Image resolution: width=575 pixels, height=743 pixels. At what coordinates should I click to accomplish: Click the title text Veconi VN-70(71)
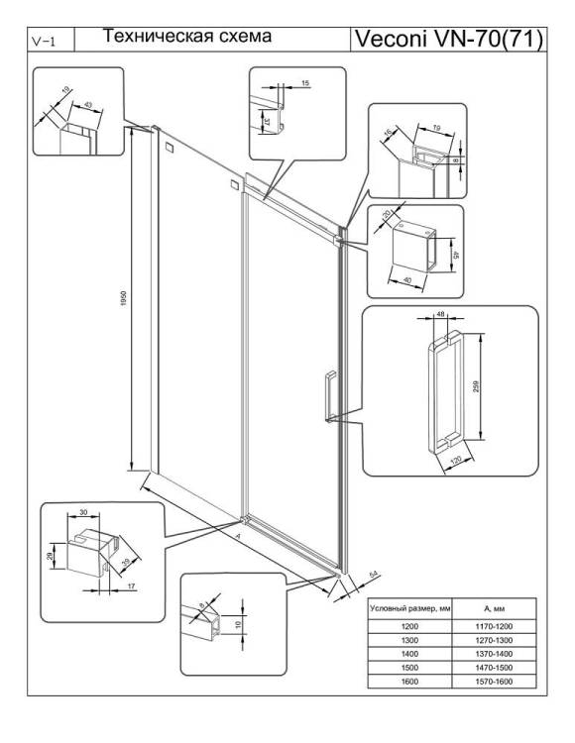click(448, 39)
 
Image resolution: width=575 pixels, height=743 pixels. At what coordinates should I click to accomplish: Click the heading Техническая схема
click(187, 36)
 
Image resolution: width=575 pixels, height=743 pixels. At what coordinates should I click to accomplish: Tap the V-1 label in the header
click(44, 42)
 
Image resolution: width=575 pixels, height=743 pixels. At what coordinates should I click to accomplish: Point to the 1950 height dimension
click(124, 298)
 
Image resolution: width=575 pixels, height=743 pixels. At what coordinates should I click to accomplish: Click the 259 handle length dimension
click(477, 386)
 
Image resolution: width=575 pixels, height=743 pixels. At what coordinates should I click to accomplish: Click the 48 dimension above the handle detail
click(440, 314)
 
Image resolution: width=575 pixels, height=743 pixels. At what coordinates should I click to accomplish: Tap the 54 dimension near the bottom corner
click(374, 575)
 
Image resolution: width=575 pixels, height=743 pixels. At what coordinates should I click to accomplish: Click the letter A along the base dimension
click(239, 536)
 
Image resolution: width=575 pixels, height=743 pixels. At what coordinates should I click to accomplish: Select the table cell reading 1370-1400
click(494, 654)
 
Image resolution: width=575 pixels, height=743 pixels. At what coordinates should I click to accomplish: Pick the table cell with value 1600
click(409, 682)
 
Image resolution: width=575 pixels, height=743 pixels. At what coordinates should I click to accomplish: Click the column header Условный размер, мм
click(410, 608)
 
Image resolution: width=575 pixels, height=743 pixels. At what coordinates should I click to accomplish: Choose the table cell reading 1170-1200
click(494, 626)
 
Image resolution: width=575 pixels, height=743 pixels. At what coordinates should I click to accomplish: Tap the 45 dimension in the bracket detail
click(456, 255)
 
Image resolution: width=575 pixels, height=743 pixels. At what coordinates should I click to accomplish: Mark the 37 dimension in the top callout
click(267, 121)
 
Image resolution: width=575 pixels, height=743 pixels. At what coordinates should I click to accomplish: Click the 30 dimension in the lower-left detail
click(83, 512)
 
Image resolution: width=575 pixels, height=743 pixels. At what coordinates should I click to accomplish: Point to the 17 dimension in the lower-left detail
click(131, 586)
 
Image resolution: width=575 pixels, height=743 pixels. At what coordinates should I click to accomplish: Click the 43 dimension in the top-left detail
click(88, 104)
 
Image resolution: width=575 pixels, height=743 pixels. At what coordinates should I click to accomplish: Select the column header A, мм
click(494, 608)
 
